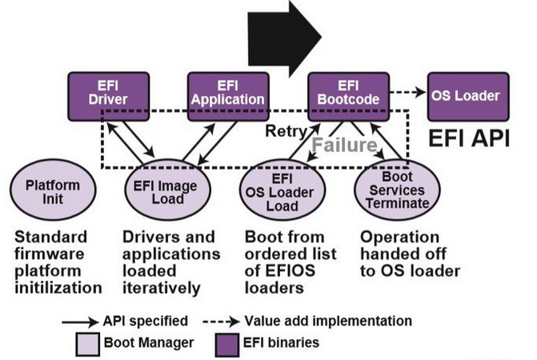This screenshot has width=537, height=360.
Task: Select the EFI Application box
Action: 226,93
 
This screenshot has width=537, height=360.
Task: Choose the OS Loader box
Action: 465,95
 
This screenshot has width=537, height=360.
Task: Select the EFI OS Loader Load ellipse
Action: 282,193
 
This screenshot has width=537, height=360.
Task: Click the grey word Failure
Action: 343,145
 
